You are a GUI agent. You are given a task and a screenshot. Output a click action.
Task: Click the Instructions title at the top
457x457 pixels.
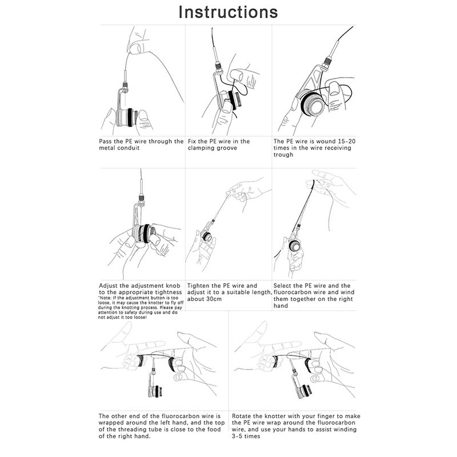pyautogui.click(x=228, y=12)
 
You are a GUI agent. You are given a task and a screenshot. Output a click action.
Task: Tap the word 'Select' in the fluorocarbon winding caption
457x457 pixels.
pyautogui.click(x=284, y=286)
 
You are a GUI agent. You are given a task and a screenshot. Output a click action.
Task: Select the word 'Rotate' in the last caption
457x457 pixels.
pyautogui.click(x=243, y=416)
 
